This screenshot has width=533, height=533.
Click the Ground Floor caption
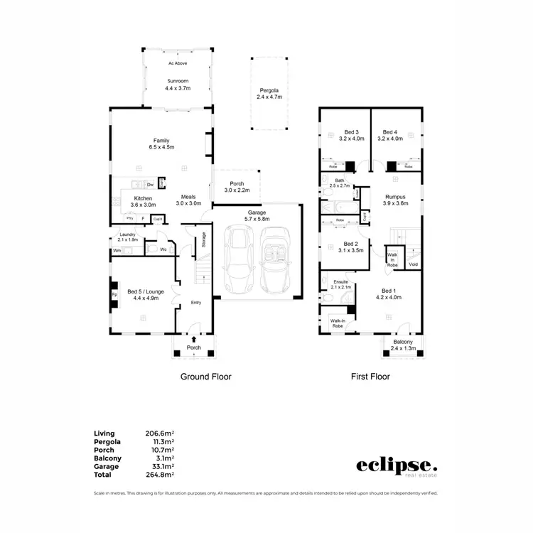coord(205,377)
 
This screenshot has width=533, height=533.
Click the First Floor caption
coord(370,377)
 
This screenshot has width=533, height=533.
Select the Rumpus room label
coord(395,200)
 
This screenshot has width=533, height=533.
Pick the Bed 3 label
coord(351,136)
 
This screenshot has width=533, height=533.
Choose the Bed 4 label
coord(389,136)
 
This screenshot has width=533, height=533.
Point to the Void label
coord(413,265)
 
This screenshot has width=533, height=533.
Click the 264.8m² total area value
coord(161,474)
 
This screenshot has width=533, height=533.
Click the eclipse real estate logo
coord(397,466)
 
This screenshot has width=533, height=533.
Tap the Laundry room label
coord(128,237)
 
